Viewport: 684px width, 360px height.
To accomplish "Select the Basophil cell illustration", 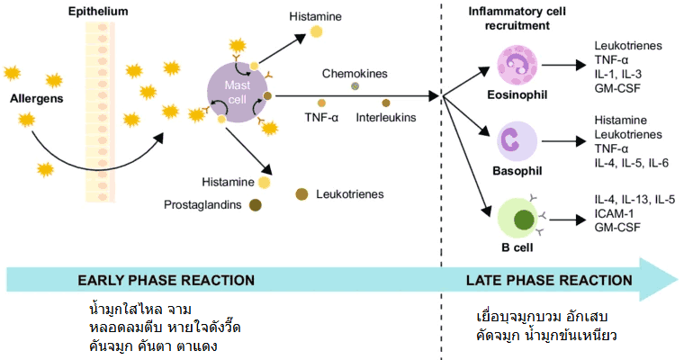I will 516,141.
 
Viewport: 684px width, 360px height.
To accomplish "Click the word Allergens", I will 37,98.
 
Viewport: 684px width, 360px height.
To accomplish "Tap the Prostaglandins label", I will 202,205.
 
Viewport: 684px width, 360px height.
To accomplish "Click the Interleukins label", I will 386,118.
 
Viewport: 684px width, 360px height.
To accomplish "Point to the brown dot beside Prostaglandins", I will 256,205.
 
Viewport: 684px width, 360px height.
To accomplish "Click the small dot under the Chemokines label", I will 355,85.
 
